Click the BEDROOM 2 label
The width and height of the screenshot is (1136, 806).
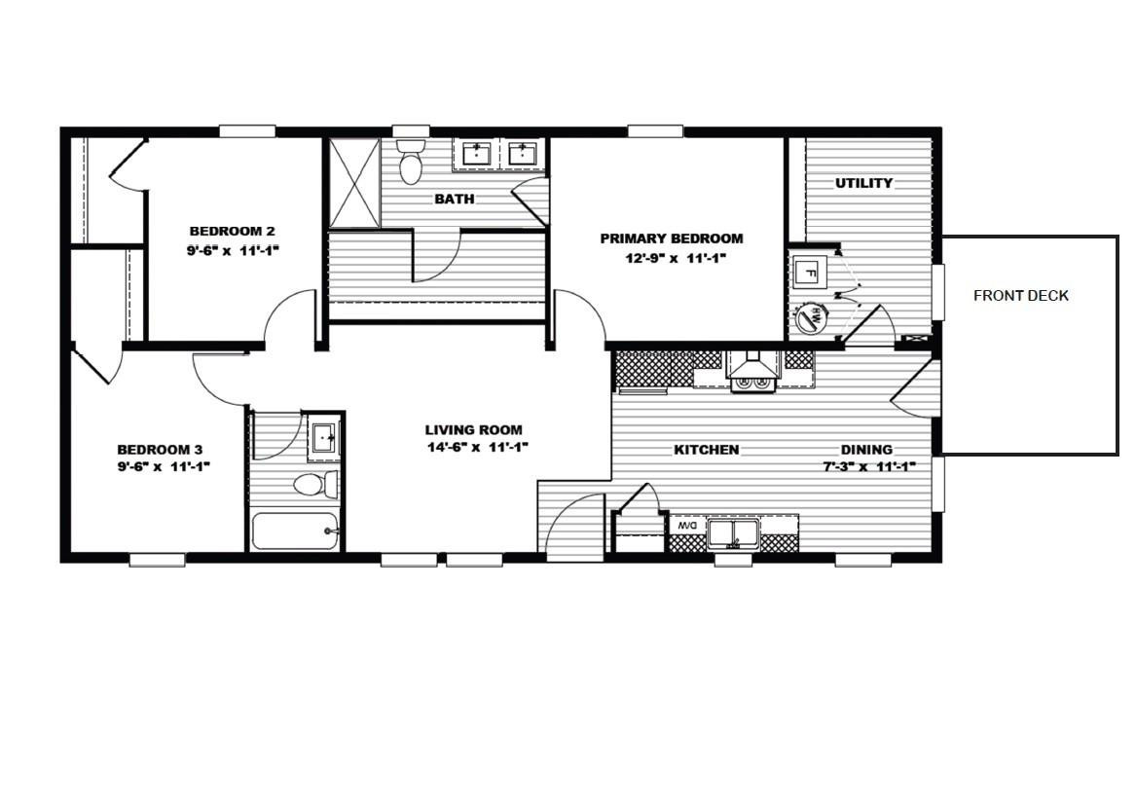232,231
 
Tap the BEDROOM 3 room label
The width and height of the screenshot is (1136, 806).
160,450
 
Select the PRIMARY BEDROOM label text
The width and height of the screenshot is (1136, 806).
671,238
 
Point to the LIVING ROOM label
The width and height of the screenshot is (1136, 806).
473,429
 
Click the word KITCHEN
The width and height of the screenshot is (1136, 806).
707,450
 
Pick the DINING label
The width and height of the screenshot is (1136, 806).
866,450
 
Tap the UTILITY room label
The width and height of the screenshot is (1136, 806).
863,183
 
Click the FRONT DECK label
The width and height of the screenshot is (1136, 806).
1021,296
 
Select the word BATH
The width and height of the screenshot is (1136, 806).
455,199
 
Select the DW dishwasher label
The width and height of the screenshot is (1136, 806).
686,526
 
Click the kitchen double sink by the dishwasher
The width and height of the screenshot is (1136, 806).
734,532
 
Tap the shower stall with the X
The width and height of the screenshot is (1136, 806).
353,183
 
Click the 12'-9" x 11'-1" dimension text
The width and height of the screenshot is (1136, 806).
672,258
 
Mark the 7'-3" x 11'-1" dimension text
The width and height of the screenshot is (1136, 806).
865,466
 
